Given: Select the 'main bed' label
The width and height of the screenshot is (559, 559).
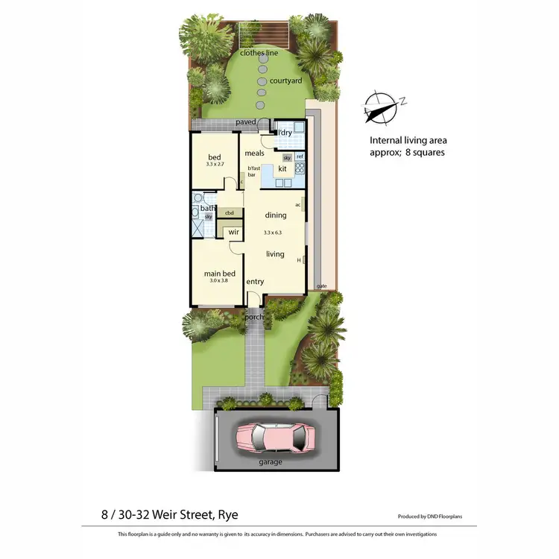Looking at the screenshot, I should tap(220, 274).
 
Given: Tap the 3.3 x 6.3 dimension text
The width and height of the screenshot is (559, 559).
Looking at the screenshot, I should tap(275, 233).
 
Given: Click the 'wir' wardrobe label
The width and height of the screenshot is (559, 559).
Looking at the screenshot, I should tap(233, 232).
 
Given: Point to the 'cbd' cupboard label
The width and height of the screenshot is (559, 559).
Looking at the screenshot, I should tap(230, 213).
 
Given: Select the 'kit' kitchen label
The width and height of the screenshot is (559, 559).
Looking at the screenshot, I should tap(282, 169).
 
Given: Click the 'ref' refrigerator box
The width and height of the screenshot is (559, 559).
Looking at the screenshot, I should tap(300, 157).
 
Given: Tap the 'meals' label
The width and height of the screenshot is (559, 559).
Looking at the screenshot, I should tap(255, 153).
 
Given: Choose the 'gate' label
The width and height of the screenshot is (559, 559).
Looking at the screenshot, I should tap(322, 285).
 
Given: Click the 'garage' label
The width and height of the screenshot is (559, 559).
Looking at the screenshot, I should tap(271, 462).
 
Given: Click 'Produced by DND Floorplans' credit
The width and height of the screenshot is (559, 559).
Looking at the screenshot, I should tap(432, 516).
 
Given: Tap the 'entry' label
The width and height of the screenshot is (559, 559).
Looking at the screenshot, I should tap(256, 281).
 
